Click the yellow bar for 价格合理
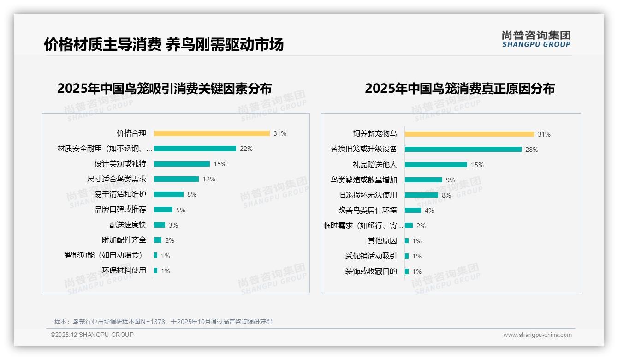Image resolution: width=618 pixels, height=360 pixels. pos(212,133)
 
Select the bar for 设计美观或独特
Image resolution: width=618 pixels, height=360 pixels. pos(182,164)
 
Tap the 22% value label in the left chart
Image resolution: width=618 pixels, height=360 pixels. pos(246,149)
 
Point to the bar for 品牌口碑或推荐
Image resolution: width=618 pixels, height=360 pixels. pos(163,210)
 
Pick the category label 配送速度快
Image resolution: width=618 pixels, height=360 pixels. pos(127,225)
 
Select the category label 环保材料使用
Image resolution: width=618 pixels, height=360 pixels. pos(124,270)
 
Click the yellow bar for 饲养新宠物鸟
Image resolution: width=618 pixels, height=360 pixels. pos(469,134)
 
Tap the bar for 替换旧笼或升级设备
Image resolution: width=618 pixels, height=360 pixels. pos(463,149)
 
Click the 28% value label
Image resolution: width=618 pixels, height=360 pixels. pos(532,150)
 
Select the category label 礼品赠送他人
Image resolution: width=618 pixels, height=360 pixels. pos(374,164)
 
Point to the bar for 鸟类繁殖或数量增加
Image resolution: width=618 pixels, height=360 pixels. pos(423,180)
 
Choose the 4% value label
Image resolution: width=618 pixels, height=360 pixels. pos(429,210)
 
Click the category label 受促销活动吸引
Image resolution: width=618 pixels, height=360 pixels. pos(371,256)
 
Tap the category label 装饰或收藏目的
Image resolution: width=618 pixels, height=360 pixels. pos(371,271)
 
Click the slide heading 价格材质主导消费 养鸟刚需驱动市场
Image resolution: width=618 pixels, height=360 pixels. pos(164,44)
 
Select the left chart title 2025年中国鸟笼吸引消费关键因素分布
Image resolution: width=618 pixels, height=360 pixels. pos(164,88)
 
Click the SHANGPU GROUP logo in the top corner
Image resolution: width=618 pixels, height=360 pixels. pos(536,39)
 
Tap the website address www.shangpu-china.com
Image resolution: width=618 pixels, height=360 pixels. pos(537,335)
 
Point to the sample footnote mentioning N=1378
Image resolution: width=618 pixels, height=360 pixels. pos(163,322)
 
